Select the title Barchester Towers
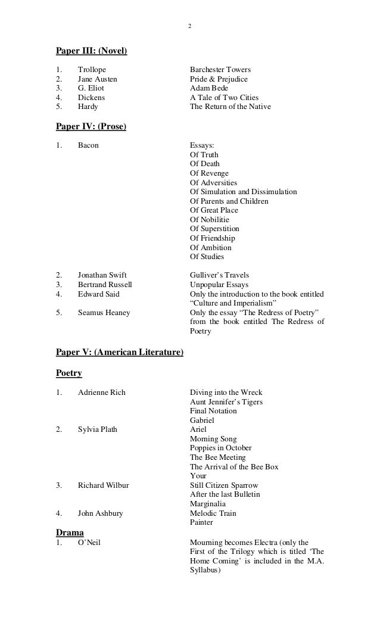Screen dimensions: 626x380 click(x=220, y=70)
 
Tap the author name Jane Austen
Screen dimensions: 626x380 click(x=98, y=79)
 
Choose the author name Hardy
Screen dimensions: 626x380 click(x=88, y=107)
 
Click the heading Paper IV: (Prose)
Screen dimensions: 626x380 click(x=91, y=126)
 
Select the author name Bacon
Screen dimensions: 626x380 click(x=88, y=145)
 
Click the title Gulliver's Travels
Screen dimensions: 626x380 click(x=219, y=275)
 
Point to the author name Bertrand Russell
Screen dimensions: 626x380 click(x=105, y=285)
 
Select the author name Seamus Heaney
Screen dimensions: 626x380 click(x=104, y=313)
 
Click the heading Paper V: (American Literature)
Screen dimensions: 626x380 click(x=119, y=353)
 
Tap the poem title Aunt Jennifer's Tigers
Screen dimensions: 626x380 click(x=226, y=402)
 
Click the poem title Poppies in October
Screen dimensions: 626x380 click(x=220, y=448)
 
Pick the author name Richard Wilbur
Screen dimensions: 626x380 click(x=103, y=485)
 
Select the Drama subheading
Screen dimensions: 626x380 click(x=70, y=531)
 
